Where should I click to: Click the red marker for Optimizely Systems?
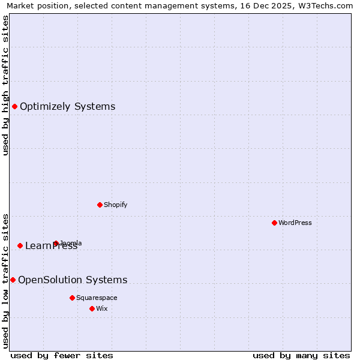click(14, 106)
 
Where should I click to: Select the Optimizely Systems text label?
click(67, 107)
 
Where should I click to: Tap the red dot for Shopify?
click(100, 205)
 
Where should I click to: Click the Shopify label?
click(116, 205)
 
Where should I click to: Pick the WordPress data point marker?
click(274, 223)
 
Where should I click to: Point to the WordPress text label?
click(295, 223)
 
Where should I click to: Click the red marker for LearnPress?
click(20, 245)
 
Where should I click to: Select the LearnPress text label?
click(51, 246)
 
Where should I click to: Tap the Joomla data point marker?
click(56, 243)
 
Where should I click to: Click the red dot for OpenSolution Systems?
click(13, 280)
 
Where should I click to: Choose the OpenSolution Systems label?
click(73, 280)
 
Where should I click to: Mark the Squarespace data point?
click(72, 298)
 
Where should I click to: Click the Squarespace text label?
click(97, 298)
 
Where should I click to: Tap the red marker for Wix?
click(92, 308)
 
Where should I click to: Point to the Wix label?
click(102, 308)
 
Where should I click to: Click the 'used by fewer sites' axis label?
click(62, 355)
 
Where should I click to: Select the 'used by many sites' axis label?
click(301, 355)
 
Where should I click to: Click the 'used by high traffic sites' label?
click(5, 85)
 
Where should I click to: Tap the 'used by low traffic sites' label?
click(5, 280)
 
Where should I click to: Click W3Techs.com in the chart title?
click(326, 5)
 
